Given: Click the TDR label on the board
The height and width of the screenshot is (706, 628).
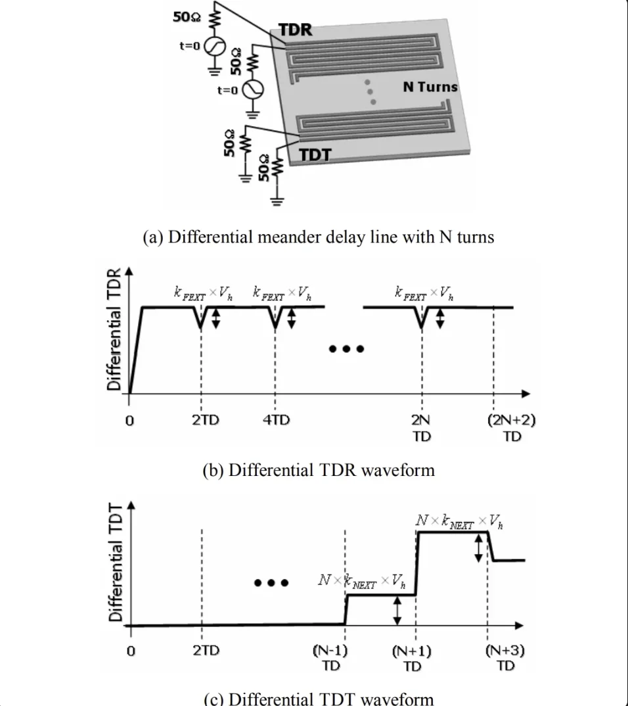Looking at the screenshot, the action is tap(295, 30).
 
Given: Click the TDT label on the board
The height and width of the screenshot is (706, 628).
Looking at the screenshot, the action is tap(315, 155).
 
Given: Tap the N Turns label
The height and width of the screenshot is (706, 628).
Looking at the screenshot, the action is tap(430, 87).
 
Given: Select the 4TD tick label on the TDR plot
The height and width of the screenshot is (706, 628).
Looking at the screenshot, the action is tap(276, 420).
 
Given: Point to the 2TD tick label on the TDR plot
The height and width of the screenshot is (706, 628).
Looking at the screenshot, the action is tap(206, 420).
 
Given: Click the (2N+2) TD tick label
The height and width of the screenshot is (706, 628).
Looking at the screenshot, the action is tap(512, 428).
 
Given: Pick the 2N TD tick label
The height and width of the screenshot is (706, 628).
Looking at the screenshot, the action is tap(422, 428).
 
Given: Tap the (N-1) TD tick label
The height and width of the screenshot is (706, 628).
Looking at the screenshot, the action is tap(330, 658).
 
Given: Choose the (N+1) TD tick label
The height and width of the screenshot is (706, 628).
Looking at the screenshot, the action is tap(412, 658).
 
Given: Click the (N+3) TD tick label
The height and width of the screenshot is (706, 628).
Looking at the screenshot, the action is tap(505, 657).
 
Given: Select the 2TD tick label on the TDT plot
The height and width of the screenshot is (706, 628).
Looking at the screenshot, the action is tap(206, 651).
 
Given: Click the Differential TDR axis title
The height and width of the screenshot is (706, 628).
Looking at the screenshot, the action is tap(114, 329).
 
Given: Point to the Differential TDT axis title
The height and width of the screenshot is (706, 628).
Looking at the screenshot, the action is tap(116, 563).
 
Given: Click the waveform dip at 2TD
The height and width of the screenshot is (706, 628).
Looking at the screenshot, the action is tap(200, 327).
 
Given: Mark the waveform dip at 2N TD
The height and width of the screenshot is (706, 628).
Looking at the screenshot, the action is tap(422, 327).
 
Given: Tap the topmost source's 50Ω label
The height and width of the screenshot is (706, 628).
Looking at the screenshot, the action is tap(187, 16).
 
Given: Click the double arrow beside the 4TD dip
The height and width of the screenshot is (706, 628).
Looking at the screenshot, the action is tap(292, 318).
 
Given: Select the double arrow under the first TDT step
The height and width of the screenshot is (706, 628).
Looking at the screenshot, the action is tap(397, 611).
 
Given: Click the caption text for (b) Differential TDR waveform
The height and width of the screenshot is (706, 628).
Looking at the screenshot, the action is tap(319, 470).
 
